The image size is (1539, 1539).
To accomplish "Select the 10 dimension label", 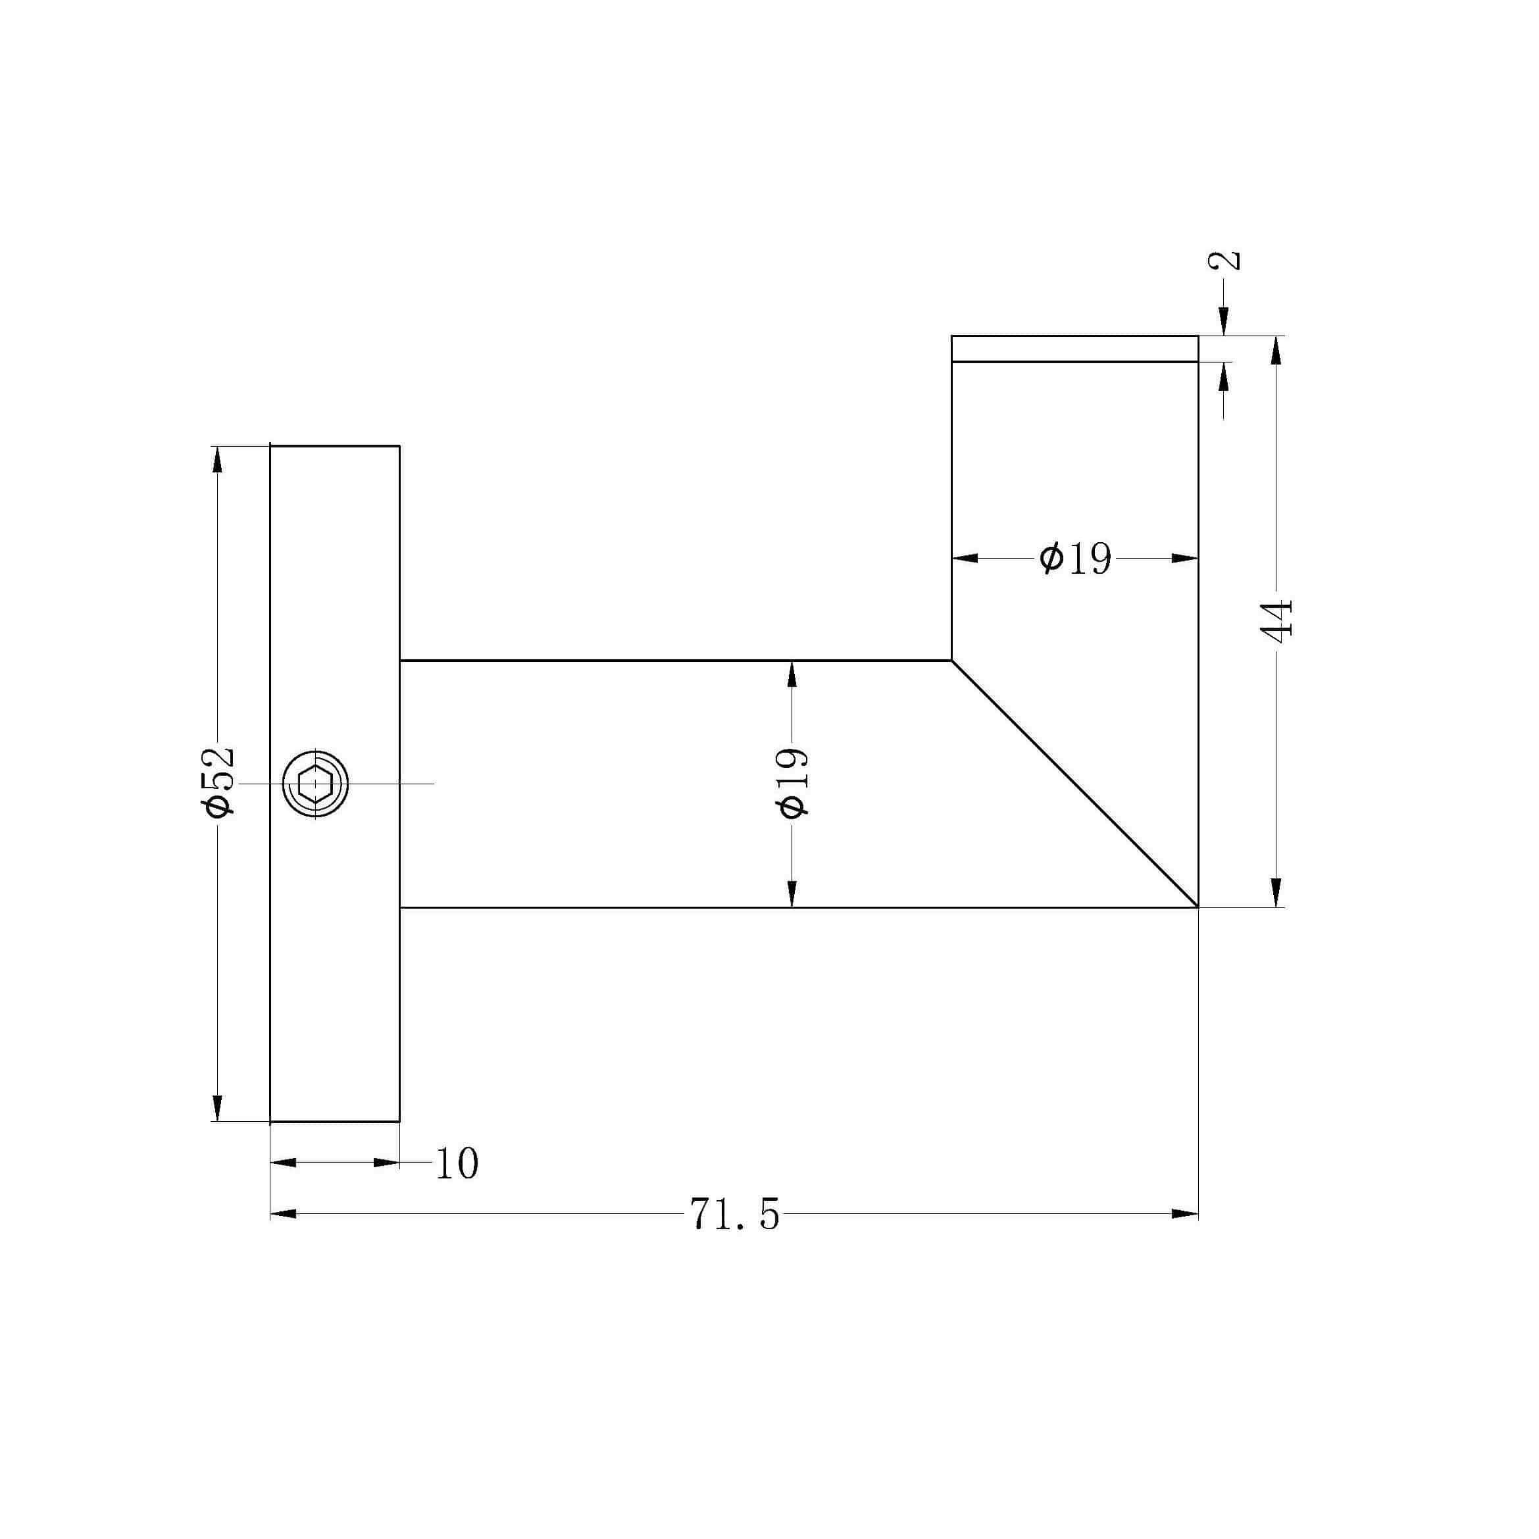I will point(457,1165).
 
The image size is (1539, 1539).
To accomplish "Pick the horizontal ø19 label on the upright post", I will point(1074,559).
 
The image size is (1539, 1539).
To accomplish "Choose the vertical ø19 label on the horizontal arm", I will point(793,782).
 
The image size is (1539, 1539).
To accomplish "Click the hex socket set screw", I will point(315,784).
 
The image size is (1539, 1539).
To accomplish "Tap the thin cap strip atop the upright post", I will point(1074,348).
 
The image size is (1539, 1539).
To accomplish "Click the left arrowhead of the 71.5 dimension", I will point(284,1214).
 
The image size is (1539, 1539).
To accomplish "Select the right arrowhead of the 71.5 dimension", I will point(1184,1214).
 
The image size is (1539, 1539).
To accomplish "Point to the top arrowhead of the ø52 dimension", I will point(216,460).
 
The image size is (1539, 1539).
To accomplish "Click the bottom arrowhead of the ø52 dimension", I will point(216,1108).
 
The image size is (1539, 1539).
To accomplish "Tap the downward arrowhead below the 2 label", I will point(1224,322).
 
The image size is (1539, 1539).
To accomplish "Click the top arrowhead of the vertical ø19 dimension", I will point(792,674).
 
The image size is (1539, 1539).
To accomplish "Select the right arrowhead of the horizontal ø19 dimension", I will point(1184,559).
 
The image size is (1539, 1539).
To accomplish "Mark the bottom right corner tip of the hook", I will point(1198,907).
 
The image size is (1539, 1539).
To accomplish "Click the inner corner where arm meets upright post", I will point(952,661).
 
